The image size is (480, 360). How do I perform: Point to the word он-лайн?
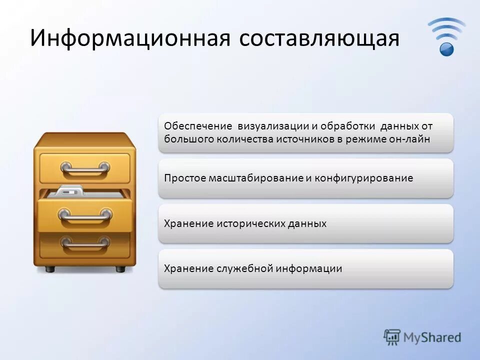409,139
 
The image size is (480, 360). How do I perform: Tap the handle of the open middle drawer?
84,215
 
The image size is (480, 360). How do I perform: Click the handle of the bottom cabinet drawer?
84,243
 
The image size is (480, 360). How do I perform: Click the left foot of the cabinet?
50,269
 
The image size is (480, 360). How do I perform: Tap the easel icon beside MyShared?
392,337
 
